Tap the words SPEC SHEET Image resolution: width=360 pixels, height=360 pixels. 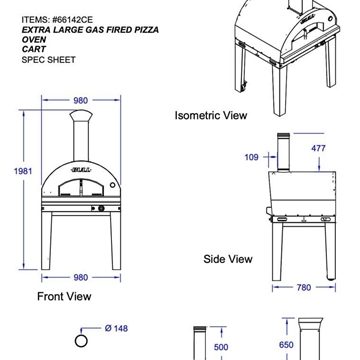tap(48, 60)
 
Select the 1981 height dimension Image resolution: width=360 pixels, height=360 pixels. tap(23, 171)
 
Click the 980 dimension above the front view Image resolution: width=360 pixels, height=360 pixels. tap(81, 100)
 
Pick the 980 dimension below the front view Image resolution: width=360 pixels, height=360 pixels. tap(81, 277)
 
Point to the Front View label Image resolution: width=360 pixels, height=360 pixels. tap(64, 296)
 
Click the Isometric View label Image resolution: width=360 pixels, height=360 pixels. tap(211, 115)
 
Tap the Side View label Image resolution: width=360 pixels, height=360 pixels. tap(228, 259)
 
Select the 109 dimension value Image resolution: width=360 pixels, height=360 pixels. tap(251, 157)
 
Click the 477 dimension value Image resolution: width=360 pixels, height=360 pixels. tap(318, 148)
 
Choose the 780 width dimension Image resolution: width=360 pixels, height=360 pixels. tap(304, 287)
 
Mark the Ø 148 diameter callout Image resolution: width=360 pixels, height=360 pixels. tap(116, 329)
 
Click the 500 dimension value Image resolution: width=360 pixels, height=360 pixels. tap(221, 347)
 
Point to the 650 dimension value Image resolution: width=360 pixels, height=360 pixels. tap(286, 345)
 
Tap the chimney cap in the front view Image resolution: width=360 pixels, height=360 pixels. tap(81, 116)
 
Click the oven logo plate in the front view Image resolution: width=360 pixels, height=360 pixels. tap(81, 170)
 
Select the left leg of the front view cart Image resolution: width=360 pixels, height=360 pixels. tap(47, 240)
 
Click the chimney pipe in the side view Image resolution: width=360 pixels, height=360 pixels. tap(283, 153)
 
